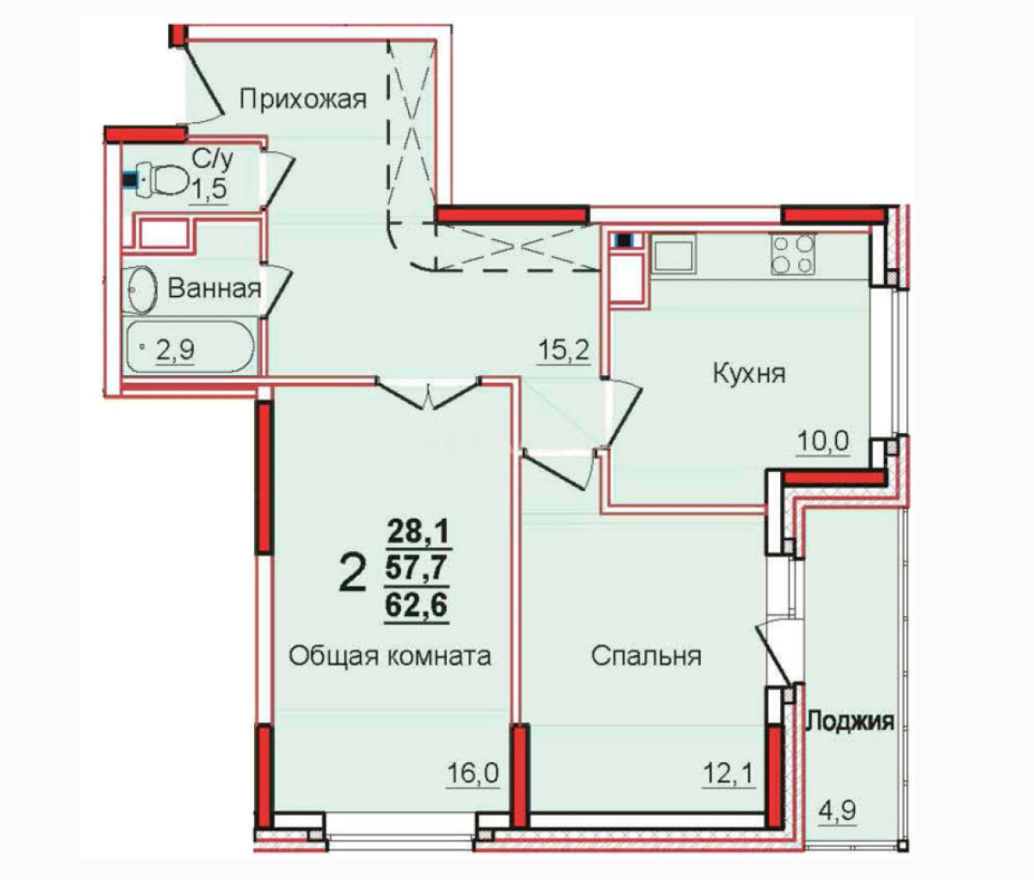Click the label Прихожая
302,100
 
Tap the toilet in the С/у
162,178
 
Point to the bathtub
190,347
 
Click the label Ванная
214,289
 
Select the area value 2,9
176,351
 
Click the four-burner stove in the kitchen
792,253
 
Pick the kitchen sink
674,253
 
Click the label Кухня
749,374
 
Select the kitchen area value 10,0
822,442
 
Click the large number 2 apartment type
352,573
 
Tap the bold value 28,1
418,530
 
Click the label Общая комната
390,656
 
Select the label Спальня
646,656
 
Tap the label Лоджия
849,722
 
